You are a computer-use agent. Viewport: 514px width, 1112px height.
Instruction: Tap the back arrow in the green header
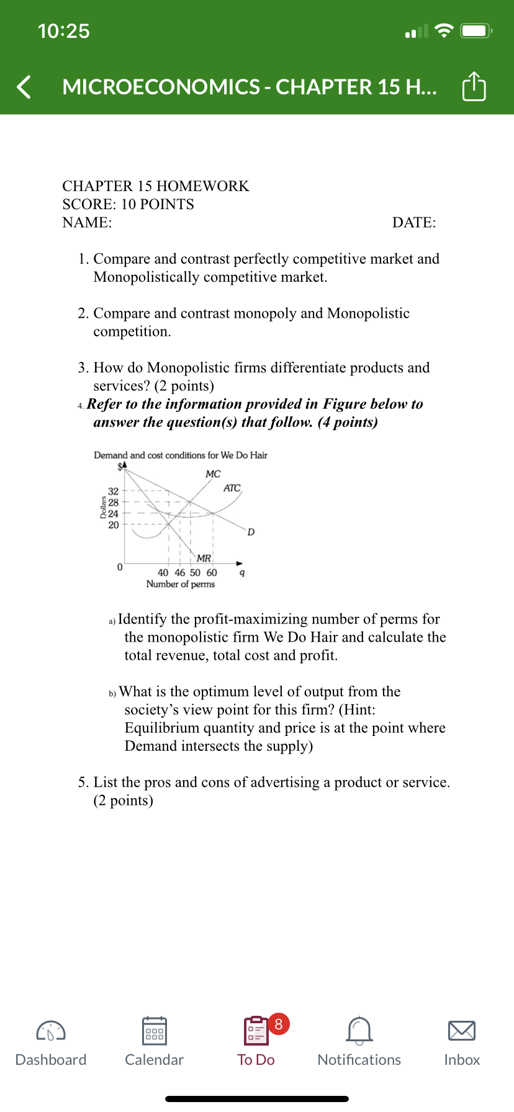click(24, 87)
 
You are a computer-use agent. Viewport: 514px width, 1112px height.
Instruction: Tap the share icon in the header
click(474, 87)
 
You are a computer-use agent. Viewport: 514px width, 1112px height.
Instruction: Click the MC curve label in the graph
click(213, 474)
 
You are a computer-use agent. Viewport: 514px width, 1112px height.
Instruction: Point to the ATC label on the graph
click(232, 488)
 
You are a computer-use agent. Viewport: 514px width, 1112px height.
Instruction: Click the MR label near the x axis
click(204, 558)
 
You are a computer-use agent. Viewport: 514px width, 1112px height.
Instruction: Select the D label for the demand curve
click(251, 532)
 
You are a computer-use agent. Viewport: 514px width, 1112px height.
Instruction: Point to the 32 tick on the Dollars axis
click(114, 491)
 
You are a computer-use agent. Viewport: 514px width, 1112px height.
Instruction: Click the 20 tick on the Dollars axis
click(114, 525)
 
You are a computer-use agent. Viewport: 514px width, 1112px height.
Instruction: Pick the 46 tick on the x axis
click(179, 573)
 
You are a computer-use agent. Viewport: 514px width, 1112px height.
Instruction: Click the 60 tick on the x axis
click(212, 573)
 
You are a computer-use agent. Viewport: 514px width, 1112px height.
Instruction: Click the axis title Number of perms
click(180, 584)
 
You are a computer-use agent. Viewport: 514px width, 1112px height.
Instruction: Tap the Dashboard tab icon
click(51, 1031)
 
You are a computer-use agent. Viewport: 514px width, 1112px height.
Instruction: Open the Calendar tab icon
click(154, 1031)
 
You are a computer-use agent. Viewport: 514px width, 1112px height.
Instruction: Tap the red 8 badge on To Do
click(279, 1024)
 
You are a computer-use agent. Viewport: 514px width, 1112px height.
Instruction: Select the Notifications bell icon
click(359, 1031)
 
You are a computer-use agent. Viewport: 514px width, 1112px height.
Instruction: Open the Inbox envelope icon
click(462, 1031)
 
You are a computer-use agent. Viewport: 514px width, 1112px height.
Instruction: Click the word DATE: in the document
click(414, 223)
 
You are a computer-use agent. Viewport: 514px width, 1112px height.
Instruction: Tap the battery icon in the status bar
click(476, 31)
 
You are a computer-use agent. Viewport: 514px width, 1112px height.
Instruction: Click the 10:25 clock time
click(63, 31)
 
